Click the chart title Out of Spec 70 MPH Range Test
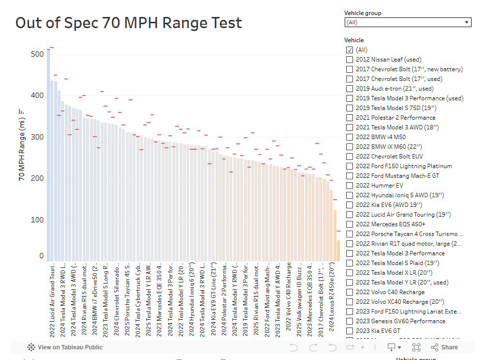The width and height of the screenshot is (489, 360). coord(129,23)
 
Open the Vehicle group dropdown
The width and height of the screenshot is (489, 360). coord(408,22)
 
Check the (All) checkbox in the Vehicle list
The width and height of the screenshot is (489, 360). coord(350,50)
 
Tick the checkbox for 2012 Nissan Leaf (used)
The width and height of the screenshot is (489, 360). coord(350,60)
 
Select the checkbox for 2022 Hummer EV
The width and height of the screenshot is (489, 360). coord(350,186)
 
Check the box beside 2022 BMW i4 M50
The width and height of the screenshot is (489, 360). coord(350,137)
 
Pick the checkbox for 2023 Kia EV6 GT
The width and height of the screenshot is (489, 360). coord(350,331)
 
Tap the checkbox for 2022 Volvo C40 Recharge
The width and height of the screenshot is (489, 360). coord(350,292)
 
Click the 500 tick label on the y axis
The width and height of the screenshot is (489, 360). coord(37,54)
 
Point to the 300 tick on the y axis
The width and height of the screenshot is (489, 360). coord(37,137)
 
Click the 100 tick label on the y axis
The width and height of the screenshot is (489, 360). coord(37,220)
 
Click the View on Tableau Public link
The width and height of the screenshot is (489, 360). coord(65,347)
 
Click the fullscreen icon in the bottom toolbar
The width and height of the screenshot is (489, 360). coord(416,347)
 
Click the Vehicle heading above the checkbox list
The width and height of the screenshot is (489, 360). coord(354,40)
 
